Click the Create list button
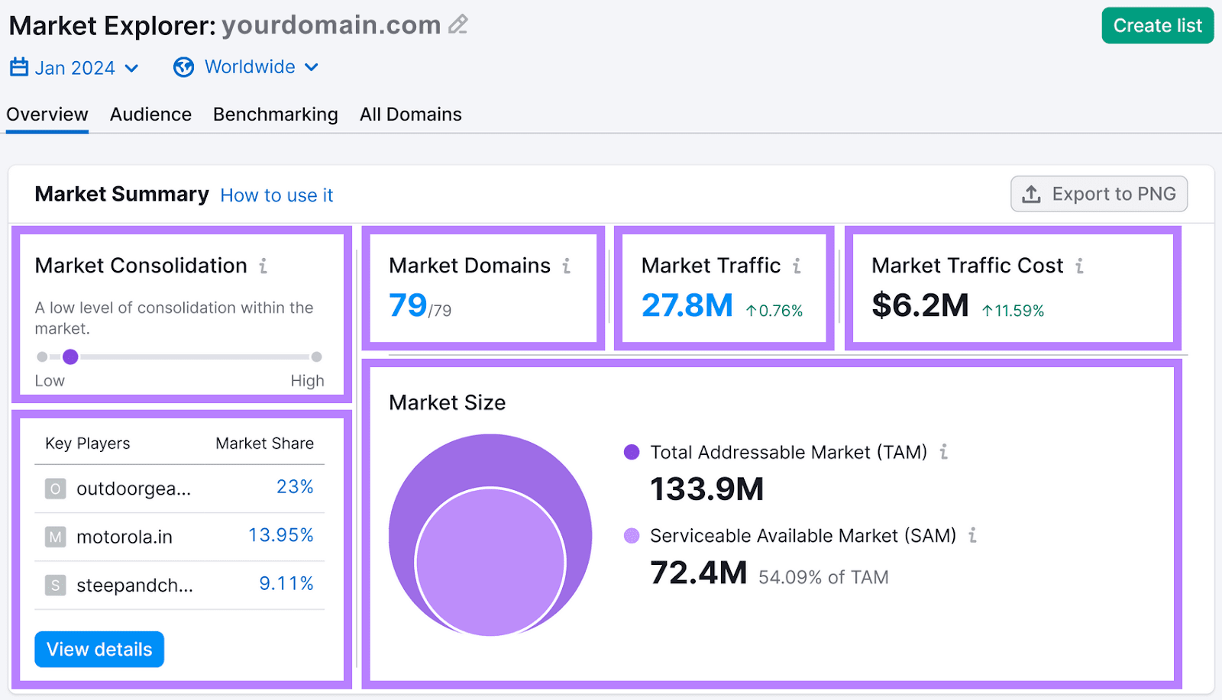(1157, 26)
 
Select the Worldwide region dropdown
(246, 67)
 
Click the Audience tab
(150, 115)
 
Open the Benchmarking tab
(275, 115)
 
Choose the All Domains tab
(410, 115)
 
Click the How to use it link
(276, 195)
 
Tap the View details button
(99, 650)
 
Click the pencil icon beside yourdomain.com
(457, 24)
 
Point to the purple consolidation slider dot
(70, 356)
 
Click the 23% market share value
(295, 487)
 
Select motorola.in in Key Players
(124, 537)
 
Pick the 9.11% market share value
(286, 584)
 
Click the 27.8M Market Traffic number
(687, 305)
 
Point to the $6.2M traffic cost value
(920, 305)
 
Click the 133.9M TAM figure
(706, 489)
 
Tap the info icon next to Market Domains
(567, 266)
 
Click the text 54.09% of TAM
(823, 578)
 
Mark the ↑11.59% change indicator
(1013, 311)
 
